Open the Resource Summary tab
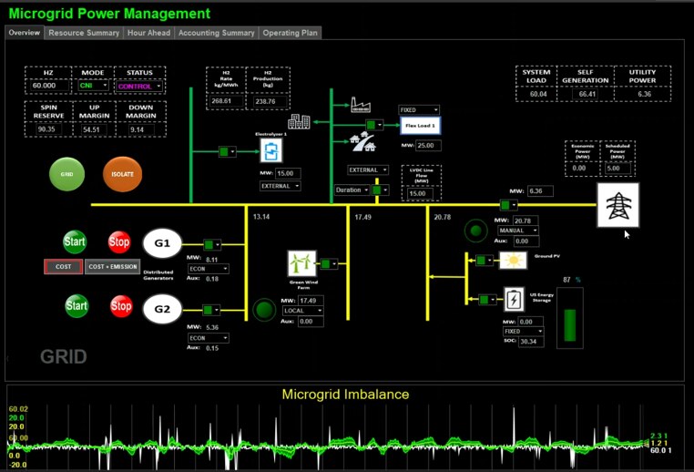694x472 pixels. pos(84,33)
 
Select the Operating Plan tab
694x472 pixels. pos(290,33)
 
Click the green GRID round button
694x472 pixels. pos(66,173)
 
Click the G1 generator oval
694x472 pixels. pos(162,243)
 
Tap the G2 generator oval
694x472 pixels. pos(162,309)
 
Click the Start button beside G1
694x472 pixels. pos(76,242)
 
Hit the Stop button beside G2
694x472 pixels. pos(121,306)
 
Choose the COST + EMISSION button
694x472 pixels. pos(113,266)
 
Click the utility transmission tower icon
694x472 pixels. pos(617,205)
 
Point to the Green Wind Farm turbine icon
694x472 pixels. pos(301,263)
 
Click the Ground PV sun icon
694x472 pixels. pos(513,261)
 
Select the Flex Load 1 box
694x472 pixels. pos(421,125)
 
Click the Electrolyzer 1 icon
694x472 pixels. pos(270,150)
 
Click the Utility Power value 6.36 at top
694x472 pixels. pos(645,94)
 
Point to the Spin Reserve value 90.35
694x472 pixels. pos(47,129)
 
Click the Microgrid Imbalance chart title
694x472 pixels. pos(345,395)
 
